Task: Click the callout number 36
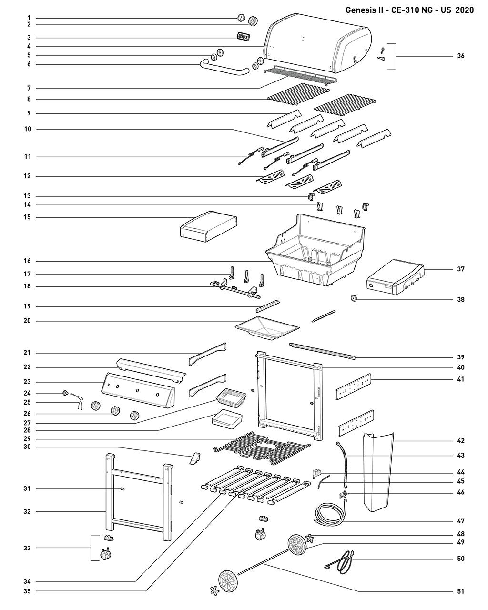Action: [460, 56]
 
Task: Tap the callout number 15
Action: [27, 217]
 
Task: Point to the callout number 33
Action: [27, 548]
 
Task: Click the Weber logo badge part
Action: [244, 37]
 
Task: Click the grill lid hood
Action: [317, 42]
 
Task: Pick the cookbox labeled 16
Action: [315, 249]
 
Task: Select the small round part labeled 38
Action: [353, 298]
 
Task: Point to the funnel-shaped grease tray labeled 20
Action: [267, 328]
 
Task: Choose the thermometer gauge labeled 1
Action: [241, 18]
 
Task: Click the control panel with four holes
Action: [138, 390]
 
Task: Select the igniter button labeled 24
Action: [65, 393]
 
